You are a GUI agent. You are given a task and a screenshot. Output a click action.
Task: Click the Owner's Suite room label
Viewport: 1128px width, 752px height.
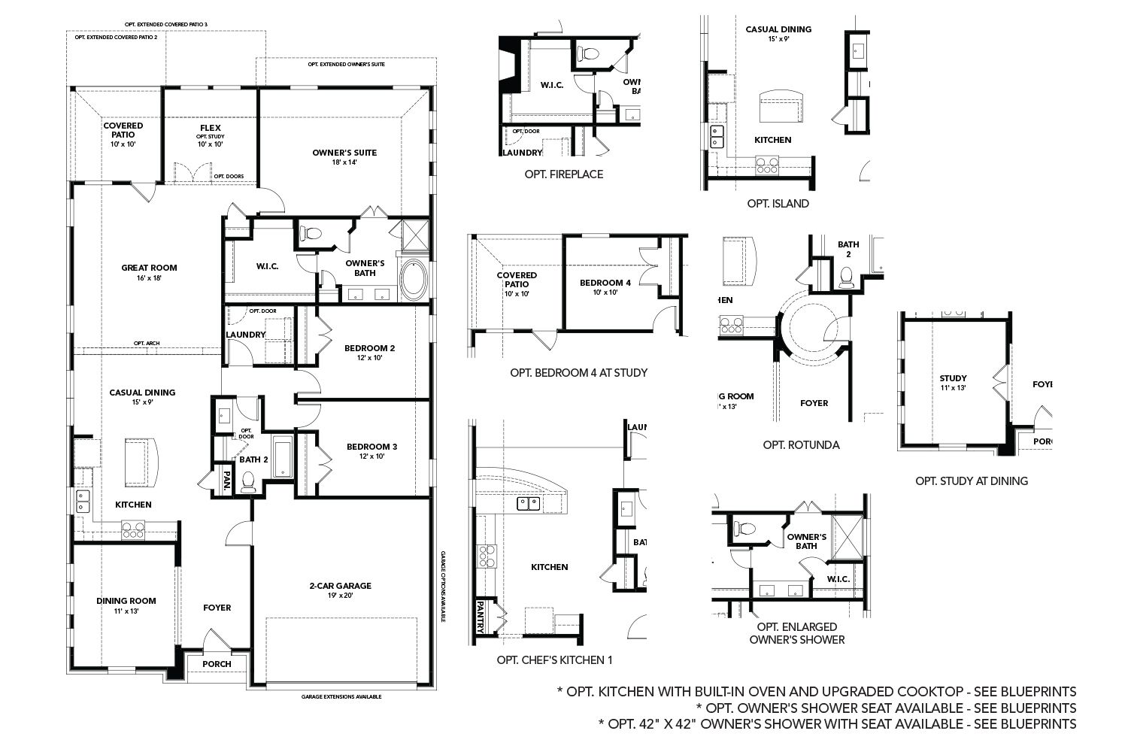(344, 153)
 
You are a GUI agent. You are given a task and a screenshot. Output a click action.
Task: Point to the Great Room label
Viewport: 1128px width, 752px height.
(149, 268)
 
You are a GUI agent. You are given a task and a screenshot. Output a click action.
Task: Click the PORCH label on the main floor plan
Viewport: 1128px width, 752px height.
(217, 664)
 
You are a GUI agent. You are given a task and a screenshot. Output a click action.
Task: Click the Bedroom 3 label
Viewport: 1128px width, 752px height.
(371, 447)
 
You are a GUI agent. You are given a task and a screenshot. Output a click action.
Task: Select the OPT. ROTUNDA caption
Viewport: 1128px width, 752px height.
(801, 444)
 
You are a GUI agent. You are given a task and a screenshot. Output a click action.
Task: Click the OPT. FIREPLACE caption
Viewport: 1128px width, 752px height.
(564, 174)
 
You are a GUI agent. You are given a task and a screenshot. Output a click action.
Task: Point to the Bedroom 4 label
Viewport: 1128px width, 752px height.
(605, 283)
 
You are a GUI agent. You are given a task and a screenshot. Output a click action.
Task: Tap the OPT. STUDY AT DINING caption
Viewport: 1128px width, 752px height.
(971, 481)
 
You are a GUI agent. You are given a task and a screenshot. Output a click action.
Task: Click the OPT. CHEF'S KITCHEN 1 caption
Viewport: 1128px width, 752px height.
(555, 660)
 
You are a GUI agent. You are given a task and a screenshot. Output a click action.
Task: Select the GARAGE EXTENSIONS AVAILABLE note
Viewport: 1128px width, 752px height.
(341, 697)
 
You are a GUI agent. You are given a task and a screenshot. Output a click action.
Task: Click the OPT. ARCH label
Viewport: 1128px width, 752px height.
(147, 344)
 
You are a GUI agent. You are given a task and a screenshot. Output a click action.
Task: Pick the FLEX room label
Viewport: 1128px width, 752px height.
(211, 128)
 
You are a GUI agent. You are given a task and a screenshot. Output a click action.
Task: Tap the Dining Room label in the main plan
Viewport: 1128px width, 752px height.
(126, 601)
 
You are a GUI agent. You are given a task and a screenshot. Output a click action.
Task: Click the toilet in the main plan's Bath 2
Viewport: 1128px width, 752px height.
(247, 481)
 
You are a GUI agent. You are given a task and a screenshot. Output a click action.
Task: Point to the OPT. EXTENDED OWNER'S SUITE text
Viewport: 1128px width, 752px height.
(347, 65)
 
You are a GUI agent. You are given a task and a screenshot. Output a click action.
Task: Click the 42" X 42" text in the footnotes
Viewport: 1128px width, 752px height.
(662, 724)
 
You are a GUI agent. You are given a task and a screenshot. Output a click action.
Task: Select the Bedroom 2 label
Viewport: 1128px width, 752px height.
(369, 348)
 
